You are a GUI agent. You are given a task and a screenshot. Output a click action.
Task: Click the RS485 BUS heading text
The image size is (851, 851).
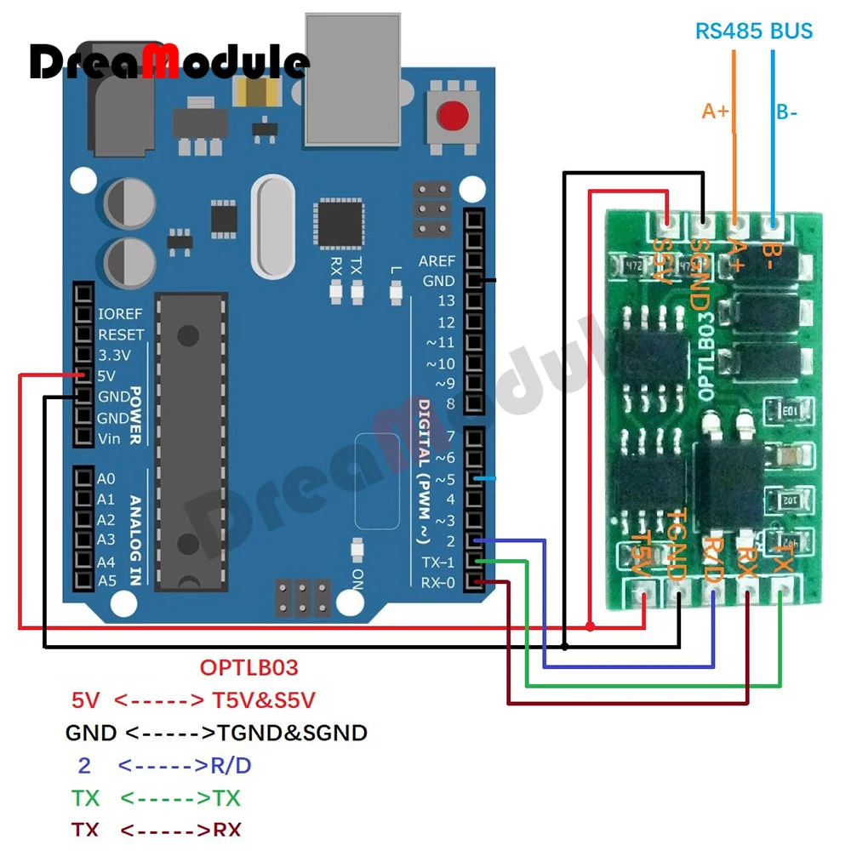pos(754,31)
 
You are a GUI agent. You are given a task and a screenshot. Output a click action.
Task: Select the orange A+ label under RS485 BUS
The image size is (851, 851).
pos(715,111)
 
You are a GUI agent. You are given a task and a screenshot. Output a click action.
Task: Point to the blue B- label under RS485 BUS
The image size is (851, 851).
pos(786,111)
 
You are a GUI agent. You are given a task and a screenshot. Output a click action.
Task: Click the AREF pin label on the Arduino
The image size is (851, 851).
pos(437,260)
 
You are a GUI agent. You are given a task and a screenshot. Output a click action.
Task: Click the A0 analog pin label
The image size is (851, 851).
pos(106,479)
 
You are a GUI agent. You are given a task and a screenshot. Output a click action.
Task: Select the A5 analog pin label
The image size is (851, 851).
pos(106,581)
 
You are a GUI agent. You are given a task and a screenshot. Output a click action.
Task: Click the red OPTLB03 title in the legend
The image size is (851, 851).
pos(249,667)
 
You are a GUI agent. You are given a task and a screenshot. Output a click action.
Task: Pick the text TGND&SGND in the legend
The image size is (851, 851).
pos(293,733)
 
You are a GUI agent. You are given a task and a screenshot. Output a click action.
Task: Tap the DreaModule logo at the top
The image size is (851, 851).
pos(169,61)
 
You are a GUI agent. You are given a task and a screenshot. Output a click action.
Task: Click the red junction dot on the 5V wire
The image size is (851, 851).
pos(590,627)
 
